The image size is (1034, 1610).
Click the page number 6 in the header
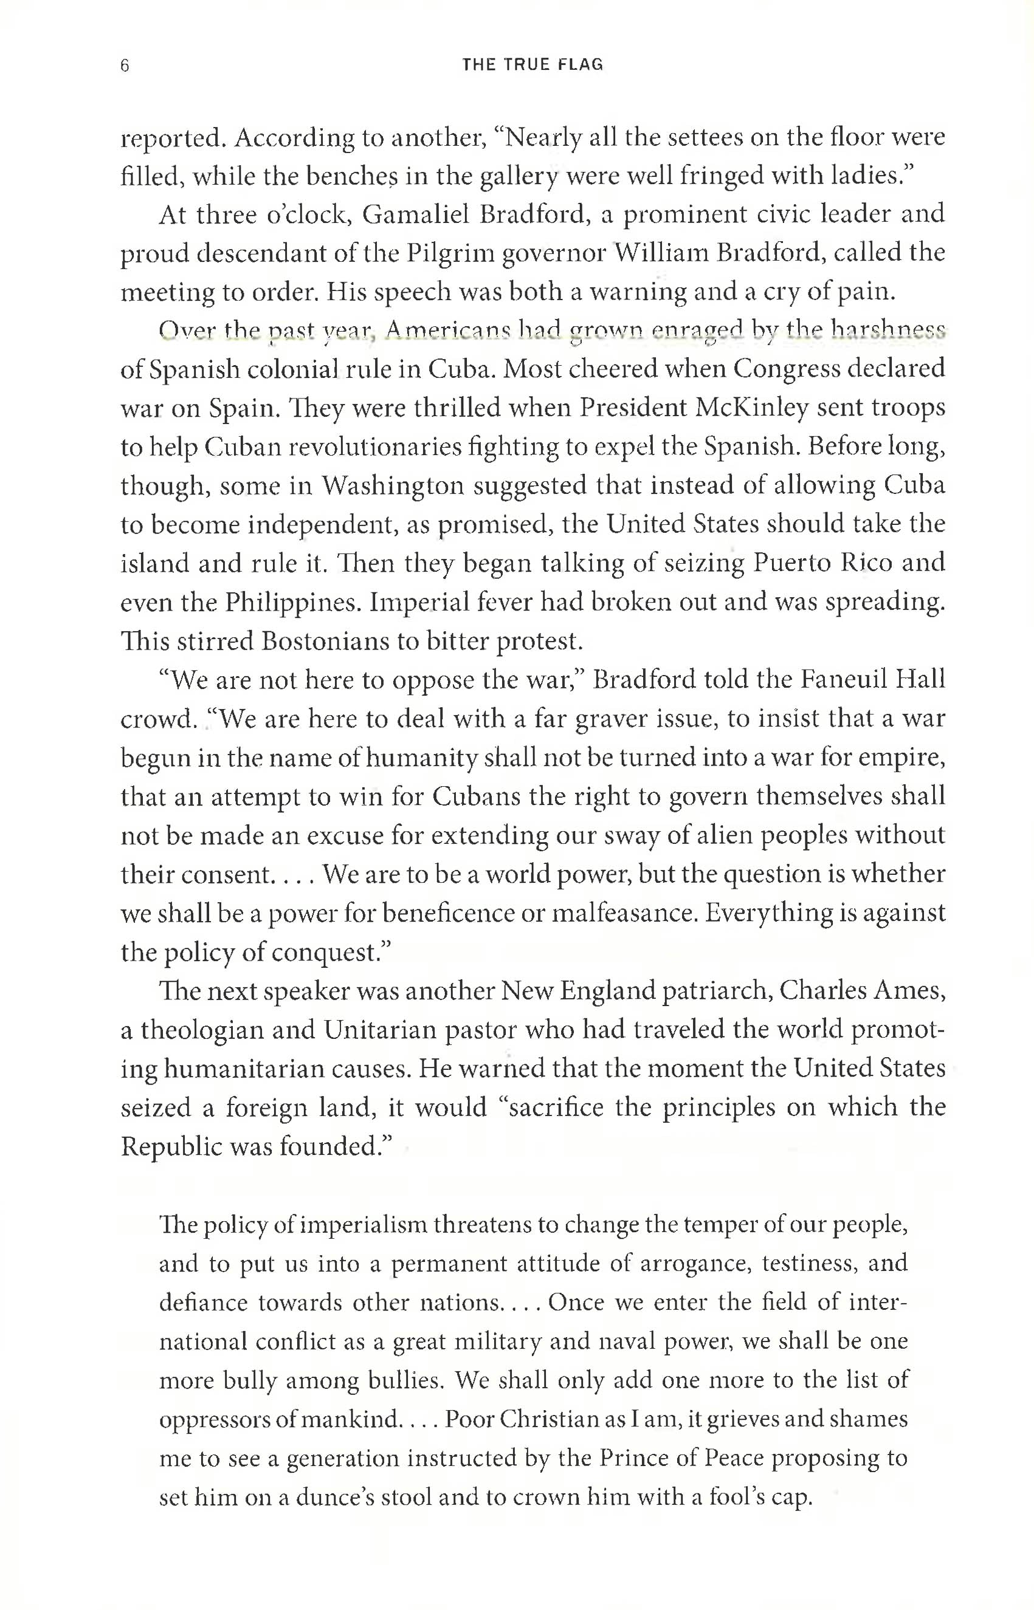point(125,65)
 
